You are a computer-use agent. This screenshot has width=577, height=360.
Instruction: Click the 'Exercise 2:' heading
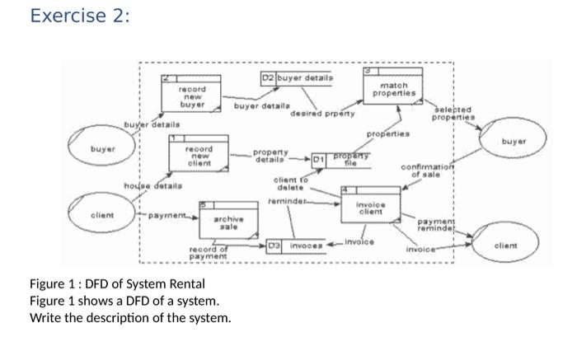pyautogui.click(x=79, y=16)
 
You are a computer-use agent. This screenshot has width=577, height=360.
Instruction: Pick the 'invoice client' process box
pyautogui.click(x=370, y=208)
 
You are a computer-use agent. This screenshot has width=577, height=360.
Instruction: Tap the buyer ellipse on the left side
pyautogui.click(x=103, y=152)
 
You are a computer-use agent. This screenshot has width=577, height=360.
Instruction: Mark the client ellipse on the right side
pyautogui.click(x=504, y=245)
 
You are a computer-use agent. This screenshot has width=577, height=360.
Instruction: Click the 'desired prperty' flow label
pyautogui.click(x=322, y=113)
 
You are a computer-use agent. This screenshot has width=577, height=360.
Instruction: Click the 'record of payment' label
pyautogui.click(x=209, y=254)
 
